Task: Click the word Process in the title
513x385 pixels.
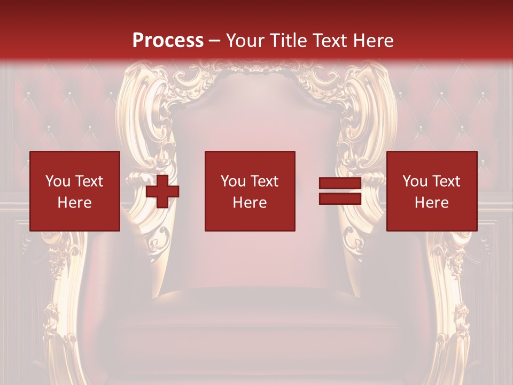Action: click(168, 41)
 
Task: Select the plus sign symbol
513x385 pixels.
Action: click(162, 191)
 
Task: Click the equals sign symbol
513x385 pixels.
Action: click(340, 191)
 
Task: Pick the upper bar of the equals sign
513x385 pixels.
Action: click(340, 183)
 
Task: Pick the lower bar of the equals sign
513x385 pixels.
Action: click(340, 198)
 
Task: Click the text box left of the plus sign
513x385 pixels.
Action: click(75, 191)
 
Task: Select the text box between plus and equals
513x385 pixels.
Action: click(250, 191)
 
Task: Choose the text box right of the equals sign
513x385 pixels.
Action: click(432, 191)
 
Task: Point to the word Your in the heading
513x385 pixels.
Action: click(246, 41)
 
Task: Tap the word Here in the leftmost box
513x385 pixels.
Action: click(75, 203)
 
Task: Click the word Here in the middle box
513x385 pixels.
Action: click(250, 203)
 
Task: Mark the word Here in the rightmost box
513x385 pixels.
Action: click(432, 203)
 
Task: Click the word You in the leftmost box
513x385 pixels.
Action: click(58, 181)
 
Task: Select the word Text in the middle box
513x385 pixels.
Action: click(265, 181)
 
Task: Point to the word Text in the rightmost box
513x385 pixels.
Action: click(446, 181)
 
